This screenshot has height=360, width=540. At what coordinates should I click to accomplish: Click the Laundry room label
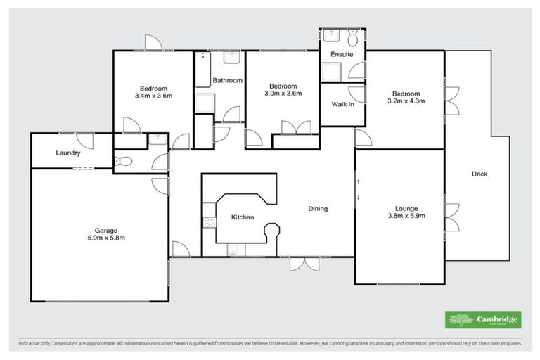[x=67, y=153]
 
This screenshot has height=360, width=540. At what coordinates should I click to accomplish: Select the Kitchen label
[x=243, y=217]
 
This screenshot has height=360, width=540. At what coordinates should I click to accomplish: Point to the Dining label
[x=318, y=209]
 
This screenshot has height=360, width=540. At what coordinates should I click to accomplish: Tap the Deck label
[x=480, y=174]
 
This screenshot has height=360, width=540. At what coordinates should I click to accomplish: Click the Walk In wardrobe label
[x=342, y=105]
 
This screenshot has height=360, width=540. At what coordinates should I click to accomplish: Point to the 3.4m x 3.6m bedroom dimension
[x=153, y=95]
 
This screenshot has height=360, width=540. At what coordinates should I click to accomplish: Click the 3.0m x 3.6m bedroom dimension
[x=283, y=94]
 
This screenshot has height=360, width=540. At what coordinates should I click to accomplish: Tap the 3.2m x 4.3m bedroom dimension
[x=406, y=101]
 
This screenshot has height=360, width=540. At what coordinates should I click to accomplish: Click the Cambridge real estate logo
[x=483, y=320]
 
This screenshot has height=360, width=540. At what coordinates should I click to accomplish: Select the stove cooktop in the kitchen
[x=208, y=224]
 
